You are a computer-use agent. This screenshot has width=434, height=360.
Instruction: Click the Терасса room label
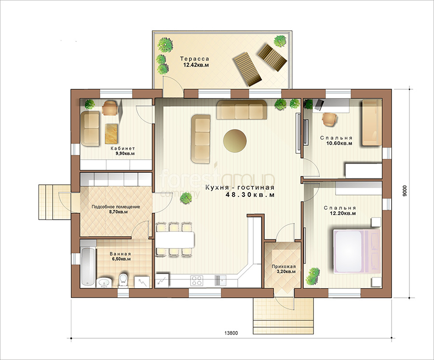pyautogui.click(x=195, y=59)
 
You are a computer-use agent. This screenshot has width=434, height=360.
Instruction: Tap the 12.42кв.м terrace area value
pyautogui.click(x=196, y=65)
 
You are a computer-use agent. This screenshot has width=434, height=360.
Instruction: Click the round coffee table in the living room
pyautogui.click(x=235, y=140)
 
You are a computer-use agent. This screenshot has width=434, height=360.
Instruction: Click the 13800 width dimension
pyautogui.click(x=231, y=333)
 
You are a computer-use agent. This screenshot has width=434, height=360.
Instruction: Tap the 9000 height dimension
pyautogui.click(x=405, y=191)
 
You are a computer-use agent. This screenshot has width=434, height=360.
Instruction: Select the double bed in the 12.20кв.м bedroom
pyautogui.click(x=357, y=251)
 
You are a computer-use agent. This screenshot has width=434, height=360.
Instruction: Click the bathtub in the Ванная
pyautogui.click(x=88, y=267)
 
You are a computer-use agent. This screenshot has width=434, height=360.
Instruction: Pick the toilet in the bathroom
pyautogui.click(x=122, y=280)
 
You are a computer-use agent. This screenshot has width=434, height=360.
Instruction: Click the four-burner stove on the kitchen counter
pyautogui.click(x=197, y=280)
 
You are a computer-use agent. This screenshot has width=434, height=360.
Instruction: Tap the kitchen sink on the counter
pyautogui.click(x=220, y=280)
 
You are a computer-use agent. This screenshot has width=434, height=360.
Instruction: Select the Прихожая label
pyautogui.click(x=284, y=266)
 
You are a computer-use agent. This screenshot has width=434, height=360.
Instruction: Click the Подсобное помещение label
pyautogui.click(x=116, y=207)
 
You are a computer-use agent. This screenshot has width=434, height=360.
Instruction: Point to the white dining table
pyautogui.click(x=175, y=239)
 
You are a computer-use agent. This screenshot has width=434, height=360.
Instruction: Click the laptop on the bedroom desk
pyautogui.click(x=318, y=105)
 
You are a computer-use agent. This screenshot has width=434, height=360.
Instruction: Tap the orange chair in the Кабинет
pyautogui.click(x=110, y=108)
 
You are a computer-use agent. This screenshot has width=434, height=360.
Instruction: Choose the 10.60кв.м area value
pyautogui.click(x=339, y=143)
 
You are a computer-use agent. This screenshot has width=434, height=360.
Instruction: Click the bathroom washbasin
pyautogui.click(x=104, y=282)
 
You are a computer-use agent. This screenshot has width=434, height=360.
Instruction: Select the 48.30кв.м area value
pyautogui.click(x=250, y=194)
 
